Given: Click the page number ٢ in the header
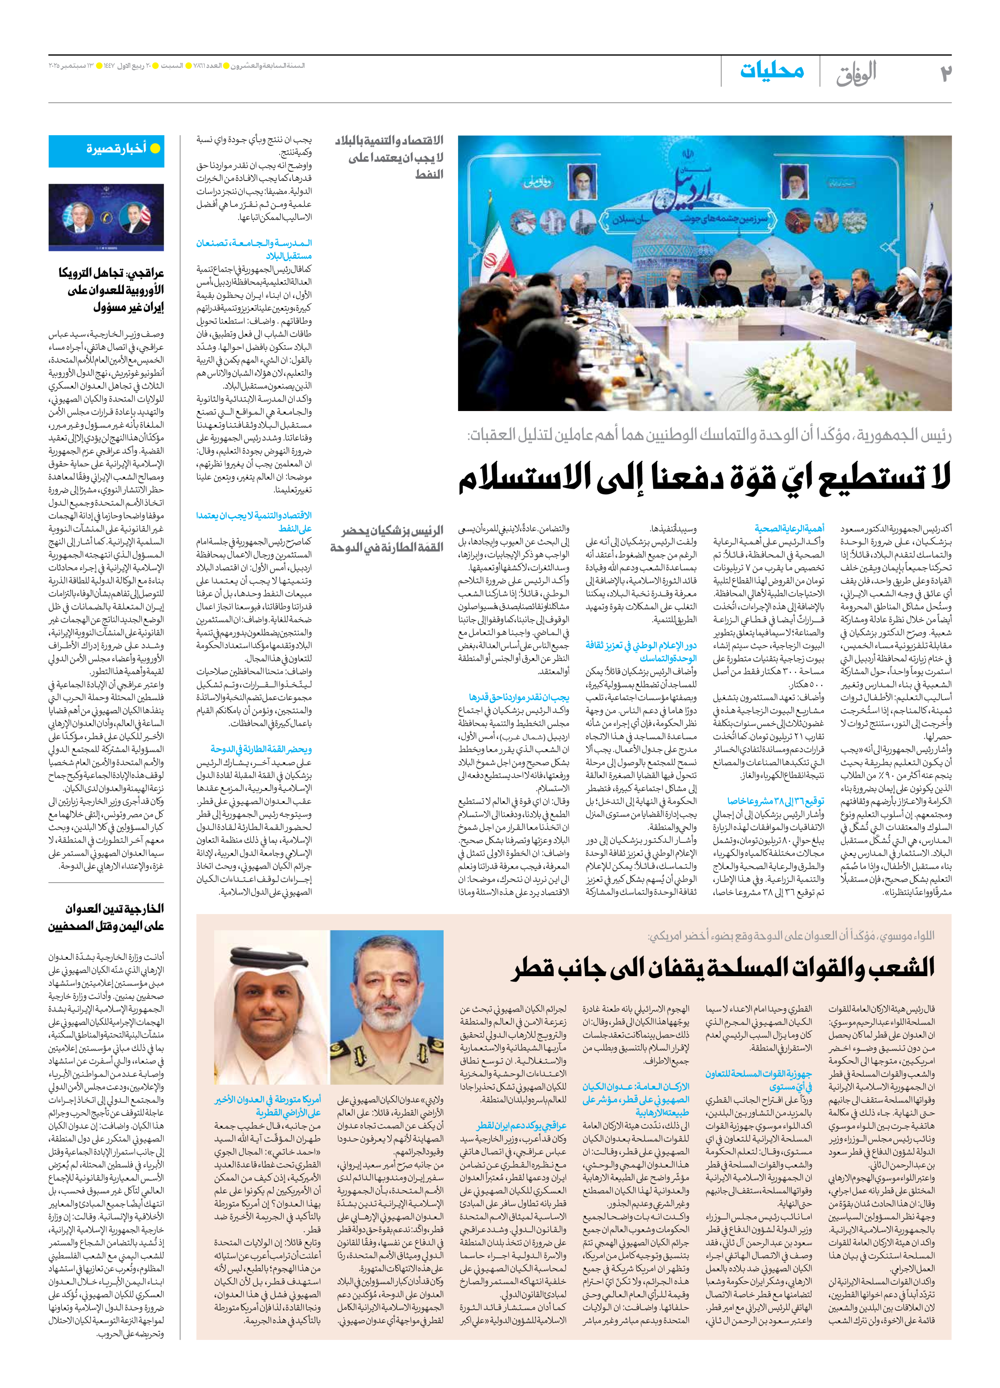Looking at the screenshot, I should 944,73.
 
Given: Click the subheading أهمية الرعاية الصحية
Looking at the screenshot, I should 789,528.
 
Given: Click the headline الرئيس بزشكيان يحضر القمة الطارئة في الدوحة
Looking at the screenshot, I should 386,539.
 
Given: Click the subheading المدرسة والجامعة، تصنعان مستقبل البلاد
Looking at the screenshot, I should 254,249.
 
